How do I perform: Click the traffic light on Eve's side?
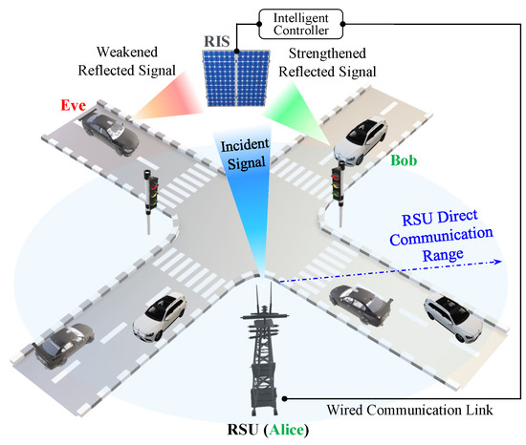coord(150,188)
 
